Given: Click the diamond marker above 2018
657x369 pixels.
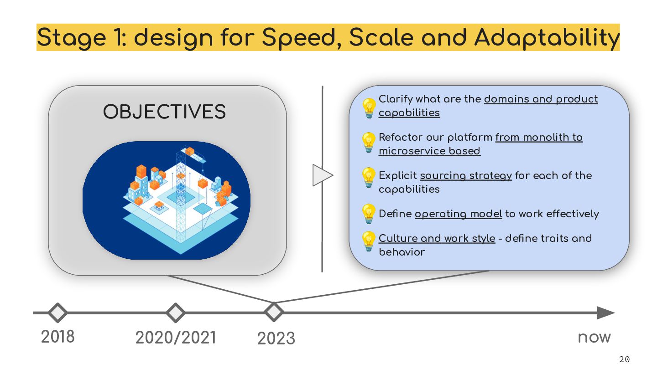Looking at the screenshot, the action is (x=58, y=313).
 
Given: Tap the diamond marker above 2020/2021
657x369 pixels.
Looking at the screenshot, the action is (x=175, y=313).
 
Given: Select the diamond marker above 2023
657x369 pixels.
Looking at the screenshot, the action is (x=274, y=312).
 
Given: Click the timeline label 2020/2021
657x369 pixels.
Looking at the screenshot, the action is (x=176, y=338).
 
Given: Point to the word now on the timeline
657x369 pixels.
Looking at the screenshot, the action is (x=594, y=338).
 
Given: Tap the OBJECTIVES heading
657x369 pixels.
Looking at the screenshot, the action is (x=164, y=112).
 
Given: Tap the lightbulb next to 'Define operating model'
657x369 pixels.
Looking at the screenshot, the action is (x=368, y=213).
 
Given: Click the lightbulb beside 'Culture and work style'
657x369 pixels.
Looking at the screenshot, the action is (x=368, y=241).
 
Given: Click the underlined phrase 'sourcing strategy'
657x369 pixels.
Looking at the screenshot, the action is (x=465, y=176).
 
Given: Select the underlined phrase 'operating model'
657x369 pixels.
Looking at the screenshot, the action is (x=458, y=214).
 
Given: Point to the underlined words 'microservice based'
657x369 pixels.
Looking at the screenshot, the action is (x=429, y=151).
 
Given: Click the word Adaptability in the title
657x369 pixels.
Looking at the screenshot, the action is (x=547, y=37).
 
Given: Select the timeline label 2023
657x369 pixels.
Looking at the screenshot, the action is (x=276, y=338).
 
